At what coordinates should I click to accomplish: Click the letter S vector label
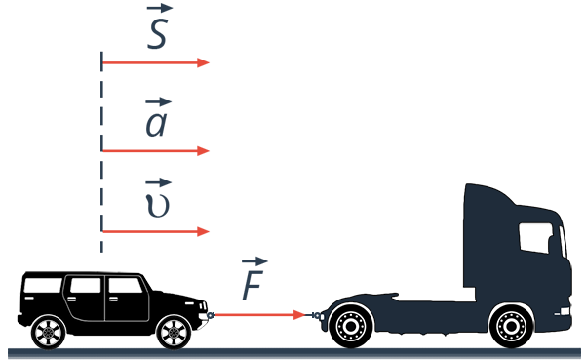click(157, 34)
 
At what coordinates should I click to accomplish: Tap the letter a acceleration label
click(156, 124)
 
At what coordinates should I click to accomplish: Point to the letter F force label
click(253, 285)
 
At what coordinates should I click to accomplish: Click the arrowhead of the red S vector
click(203, 62)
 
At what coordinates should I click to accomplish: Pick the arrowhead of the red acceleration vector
click(203, 151)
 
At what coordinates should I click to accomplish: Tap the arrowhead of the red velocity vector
click(203, 231)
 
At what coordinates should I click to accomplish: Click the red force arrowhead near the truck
click(299, 315)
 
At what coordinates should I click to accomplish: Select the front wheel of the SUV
click(174, 332)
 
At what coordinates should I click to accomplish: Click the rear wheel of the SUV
click(48, 332)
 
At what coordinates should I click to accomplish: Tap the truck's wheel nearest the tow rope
click(351, 327)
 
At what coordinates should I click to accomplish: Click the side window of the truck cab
click(535, 237)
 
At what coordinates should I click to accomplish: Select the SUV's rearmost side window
click(43, 285)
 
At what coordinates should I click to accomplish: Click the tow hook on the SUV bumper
click(211, 315)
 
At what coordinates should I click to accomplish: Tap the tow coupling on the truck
click(315, 315)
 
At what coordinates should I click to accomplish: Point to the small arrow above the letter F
click(254, 261)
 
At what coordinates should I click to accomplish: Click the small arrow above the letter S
click(160, 8)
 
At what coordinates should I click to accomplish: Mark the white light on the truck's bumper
click(565, 311)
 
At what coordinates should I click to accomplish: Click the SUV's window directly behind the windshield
click(126, 285)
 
